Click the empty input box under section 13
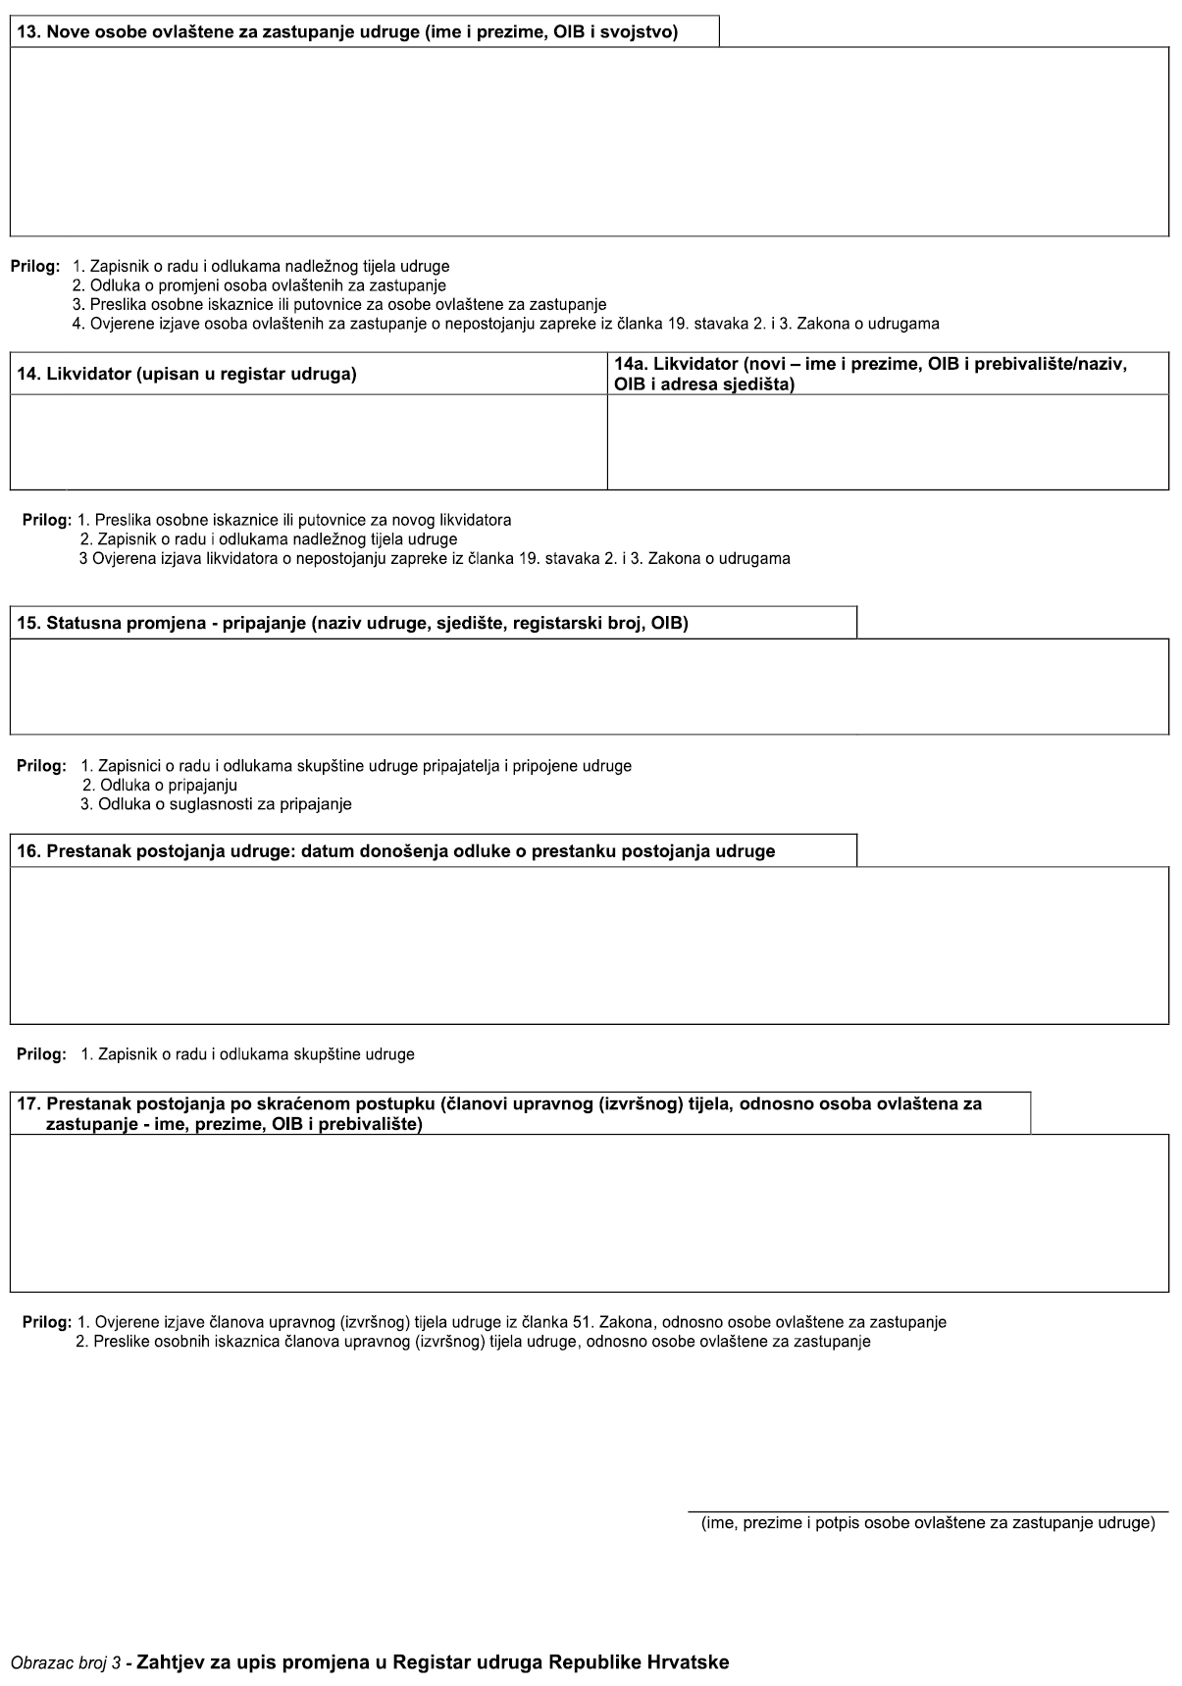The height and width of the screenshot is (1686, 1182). tap(589, 141)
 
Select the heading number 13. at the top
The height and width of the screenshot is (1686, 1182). tap(28, 32)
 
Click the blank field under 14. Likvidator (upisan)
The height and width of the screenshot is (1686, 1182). tap(308, 441)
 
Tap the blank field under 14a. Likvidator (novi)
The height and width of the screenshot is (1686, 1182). tap(888, 441)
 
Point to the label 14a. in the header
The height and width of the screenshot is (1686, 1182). tap(631, 365)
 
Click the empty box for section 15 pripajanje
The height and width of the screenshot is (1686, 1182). tap(589, 687)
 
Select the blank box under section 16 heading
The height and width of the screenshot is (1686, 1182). tap(589, 945)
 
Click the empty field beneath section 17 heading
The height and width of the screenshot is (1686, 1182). tap(589, 1212)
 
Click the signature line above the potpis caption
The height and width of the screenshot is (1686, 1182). tap(927, 1511)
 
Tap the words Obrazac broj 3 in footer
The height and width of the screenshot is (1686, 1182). tap(66, 1663)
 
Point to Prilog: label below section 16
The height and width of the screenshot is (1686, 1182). tap(41, 1054)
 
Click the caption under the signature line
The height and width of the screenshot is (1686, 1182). tap(927, 1523)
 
